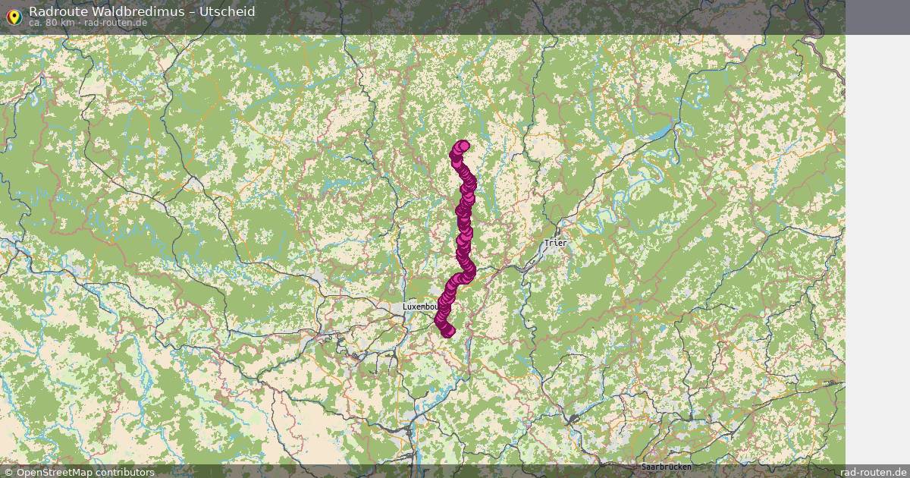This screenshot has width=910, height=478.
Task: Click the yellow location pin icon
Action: tap(13, 16)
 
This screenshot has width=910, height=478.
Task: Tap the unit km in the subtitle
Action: tap(67, 23)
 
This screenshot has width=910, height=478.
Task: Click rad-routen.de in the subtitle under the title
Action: tap(115, 23)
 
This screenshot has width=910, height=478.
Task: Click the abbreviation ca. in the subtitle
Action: tap(36, 23)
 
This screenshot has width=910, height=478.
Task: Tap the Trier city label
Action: tap(555, 243)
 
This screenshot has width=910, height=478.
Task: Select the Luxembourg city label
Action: tap(420, 307)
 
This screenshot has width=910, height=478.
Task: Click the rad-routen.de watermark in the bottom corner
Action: tap(874, 473)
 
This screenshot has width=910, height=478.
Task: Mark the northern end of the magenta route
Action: tap(463, 146)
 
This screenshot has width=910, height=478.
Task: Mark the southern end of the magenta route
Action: tap(447, 331)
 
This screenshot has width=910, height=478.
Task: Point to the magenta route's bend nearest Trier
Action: tap(470, 269)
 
